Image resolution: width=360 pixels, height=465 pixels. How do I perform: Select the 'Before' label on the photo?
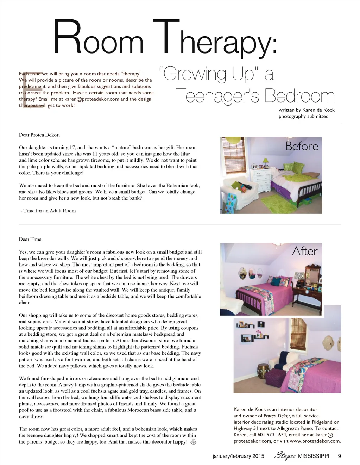302,146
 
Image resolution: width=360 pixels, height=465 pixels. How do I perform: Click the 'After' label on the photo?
305,251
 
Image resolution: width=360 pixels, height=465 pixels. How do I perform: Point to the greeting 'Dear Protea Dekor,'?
39,135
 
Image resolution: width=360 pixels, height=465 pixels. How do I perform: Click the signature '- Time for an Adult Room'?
48,211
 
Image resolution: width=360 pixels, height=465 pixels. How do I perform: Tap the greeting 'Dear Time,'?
31,240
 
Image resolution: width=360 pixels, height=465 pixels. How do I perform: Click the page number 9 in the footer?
339,456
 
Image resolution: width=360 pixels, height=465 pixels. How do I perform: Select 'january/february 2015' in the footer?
238,456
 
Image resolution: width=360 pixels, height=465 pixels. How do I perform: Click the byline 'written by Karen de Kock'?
307,110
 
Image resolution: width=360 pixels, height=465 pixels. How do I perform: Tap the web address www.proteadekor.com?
315,441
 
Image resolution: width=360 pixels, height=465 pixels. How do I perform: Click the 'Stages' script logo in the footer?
285,456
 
